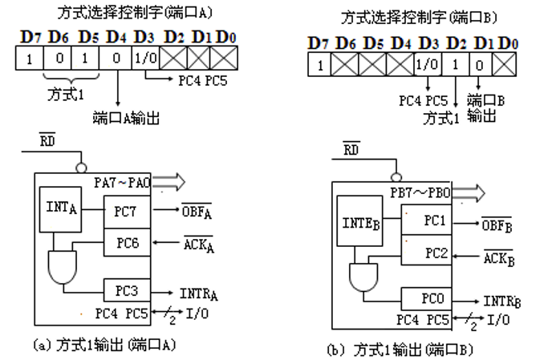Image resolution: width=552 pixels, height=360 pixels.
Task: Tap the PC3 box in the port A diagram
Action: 127,290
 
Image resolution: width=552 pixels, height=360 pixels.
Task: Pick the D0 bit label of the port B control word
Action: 509,42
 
